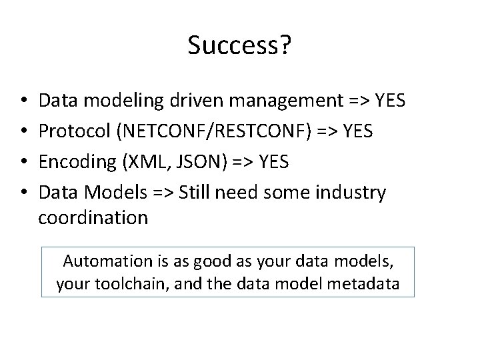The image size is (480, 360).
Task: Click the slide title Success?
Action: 239,46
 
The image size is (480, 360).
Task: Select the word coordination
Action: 93,217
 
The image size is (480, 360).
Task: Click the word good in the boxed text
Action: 209,261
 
